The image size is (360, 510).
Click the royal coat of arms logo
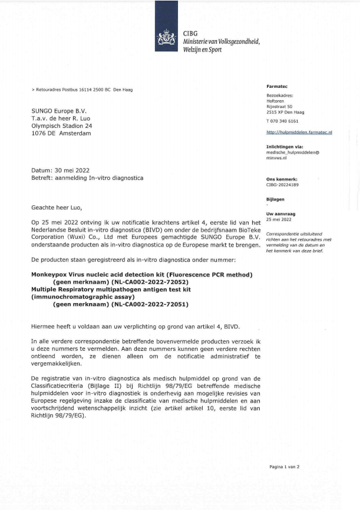(166, 39)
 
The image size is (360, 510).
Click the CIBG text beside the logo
(190, 34)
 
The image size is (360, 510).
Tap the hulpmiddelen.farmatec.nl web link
(299, 133)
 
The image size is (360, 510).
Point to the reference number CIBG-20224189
(283, 185)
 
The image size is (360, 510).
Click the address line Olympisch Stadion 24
(62, 126)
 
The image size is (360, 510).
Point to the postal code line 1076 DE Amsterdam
(61, 133)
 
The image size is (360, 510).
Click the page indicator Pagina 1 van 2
(285, 466)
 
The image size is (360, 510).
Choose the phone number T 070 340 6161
(282, 121)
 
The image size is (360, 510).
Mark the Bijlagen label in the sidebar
(276, 199)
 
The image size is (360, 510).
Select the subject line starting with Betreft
(87, 177)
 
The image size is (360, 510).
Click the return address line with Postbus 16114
(82, 90)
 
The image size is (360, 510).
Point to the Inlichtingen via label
(285, 146)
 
